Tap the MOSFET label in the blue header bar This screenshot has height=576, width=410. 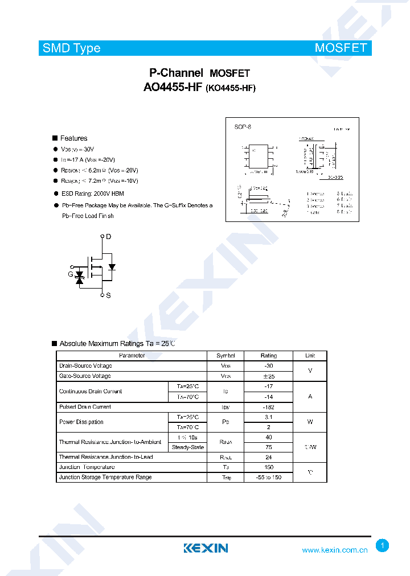341,48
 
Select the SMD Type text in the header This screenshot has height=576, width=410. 71,48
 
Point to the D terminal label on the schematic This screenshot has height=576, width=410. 108,236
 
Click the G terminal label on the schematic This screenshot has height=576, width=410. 71,274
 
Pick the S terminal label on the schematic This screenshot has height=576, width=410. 108,295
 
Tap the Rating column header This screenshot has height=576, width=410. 268,356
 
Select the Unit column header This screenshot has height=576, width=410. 310,356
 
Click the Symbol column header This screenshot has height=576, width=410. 225,356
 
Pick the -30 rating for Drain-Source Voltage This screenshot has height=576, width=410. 268,366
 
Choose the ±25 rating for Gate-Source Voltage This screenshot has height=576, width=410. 268,376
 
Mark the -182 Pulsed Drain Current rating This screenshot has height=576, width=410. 268,407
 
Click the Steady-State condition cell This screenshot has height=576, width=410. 188,447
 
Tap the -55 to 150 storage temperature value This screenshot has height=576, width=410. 268,478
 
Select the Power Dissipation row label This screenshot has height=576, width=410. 81,422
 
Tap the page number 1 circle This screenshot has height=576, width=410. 383,546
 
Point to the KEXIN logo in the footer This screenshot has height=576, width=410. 206,549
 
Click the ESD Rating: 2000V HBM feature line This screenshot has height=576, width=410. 93,194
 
